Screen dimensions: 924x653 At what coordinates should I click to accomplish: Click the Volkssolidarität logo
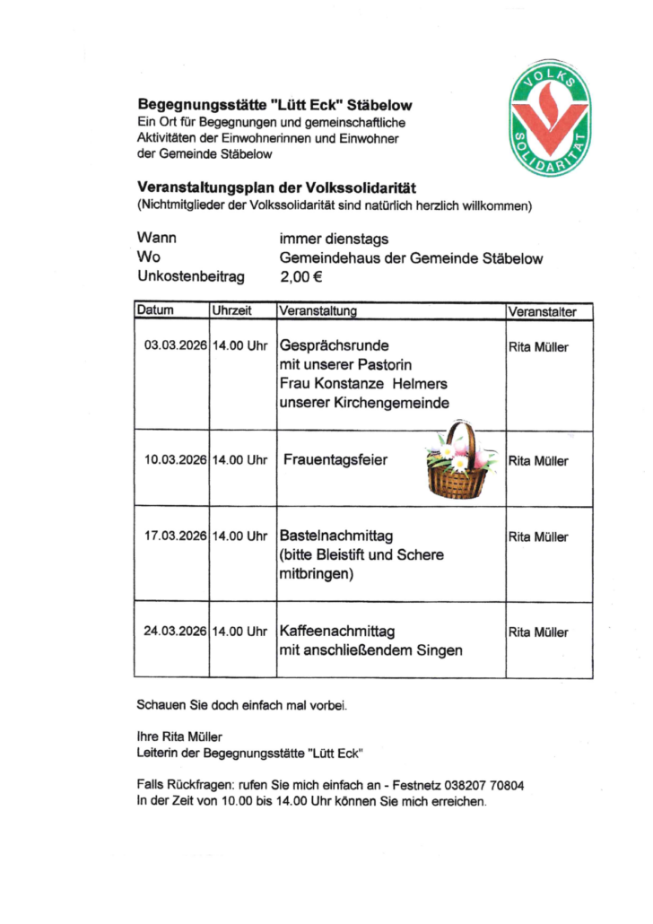550,118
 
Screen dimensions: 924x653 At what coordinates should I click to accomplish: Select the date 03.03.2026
176,345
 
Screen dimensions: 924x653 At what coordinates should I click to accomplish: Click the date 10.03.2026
176,460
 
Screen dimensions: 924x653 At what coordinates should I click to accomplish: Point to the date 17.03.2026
176,536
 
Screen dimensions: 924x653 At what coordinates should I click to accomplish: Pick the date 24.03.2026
176,632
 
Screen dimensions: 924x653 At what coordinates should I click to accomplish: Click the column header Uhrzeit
231,311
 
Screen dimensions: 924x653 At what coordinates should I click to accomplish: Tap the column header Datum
155,311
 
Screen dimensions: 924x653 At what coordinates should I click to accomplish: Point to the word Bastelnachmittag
336,536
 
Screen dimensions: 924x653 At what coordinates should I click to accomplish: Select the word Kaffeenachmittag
337,632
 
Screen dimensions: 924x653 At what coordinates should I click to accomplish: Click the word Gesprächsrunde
335,345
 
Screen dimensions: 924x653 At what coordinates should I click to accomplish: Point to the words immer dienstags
334,239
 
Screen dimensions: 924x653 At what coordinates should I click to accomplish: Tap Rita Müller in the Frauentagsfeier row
538,461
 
